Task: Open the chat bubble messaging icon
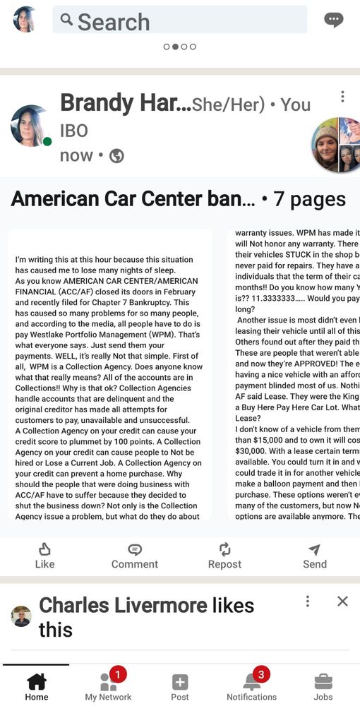(x=333, y=20)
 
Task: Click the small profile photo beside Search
(x=25, y=20)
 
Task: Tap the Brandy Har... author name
(x=125, y=103)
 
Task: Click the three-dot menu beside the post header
(x=342, y=97)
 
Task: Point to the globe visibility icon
(x=116, y=156)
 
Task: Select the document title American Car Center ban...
(x=133, y=199)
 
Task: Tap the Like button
(x=44, y=556)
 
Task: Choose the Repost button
(x=224, y=556)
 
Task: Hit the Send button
(x=315, y=556)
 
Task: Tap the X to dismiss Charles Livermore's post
(x=342, y=601)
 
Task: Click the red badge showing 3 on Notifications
(x=261, y=674)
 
